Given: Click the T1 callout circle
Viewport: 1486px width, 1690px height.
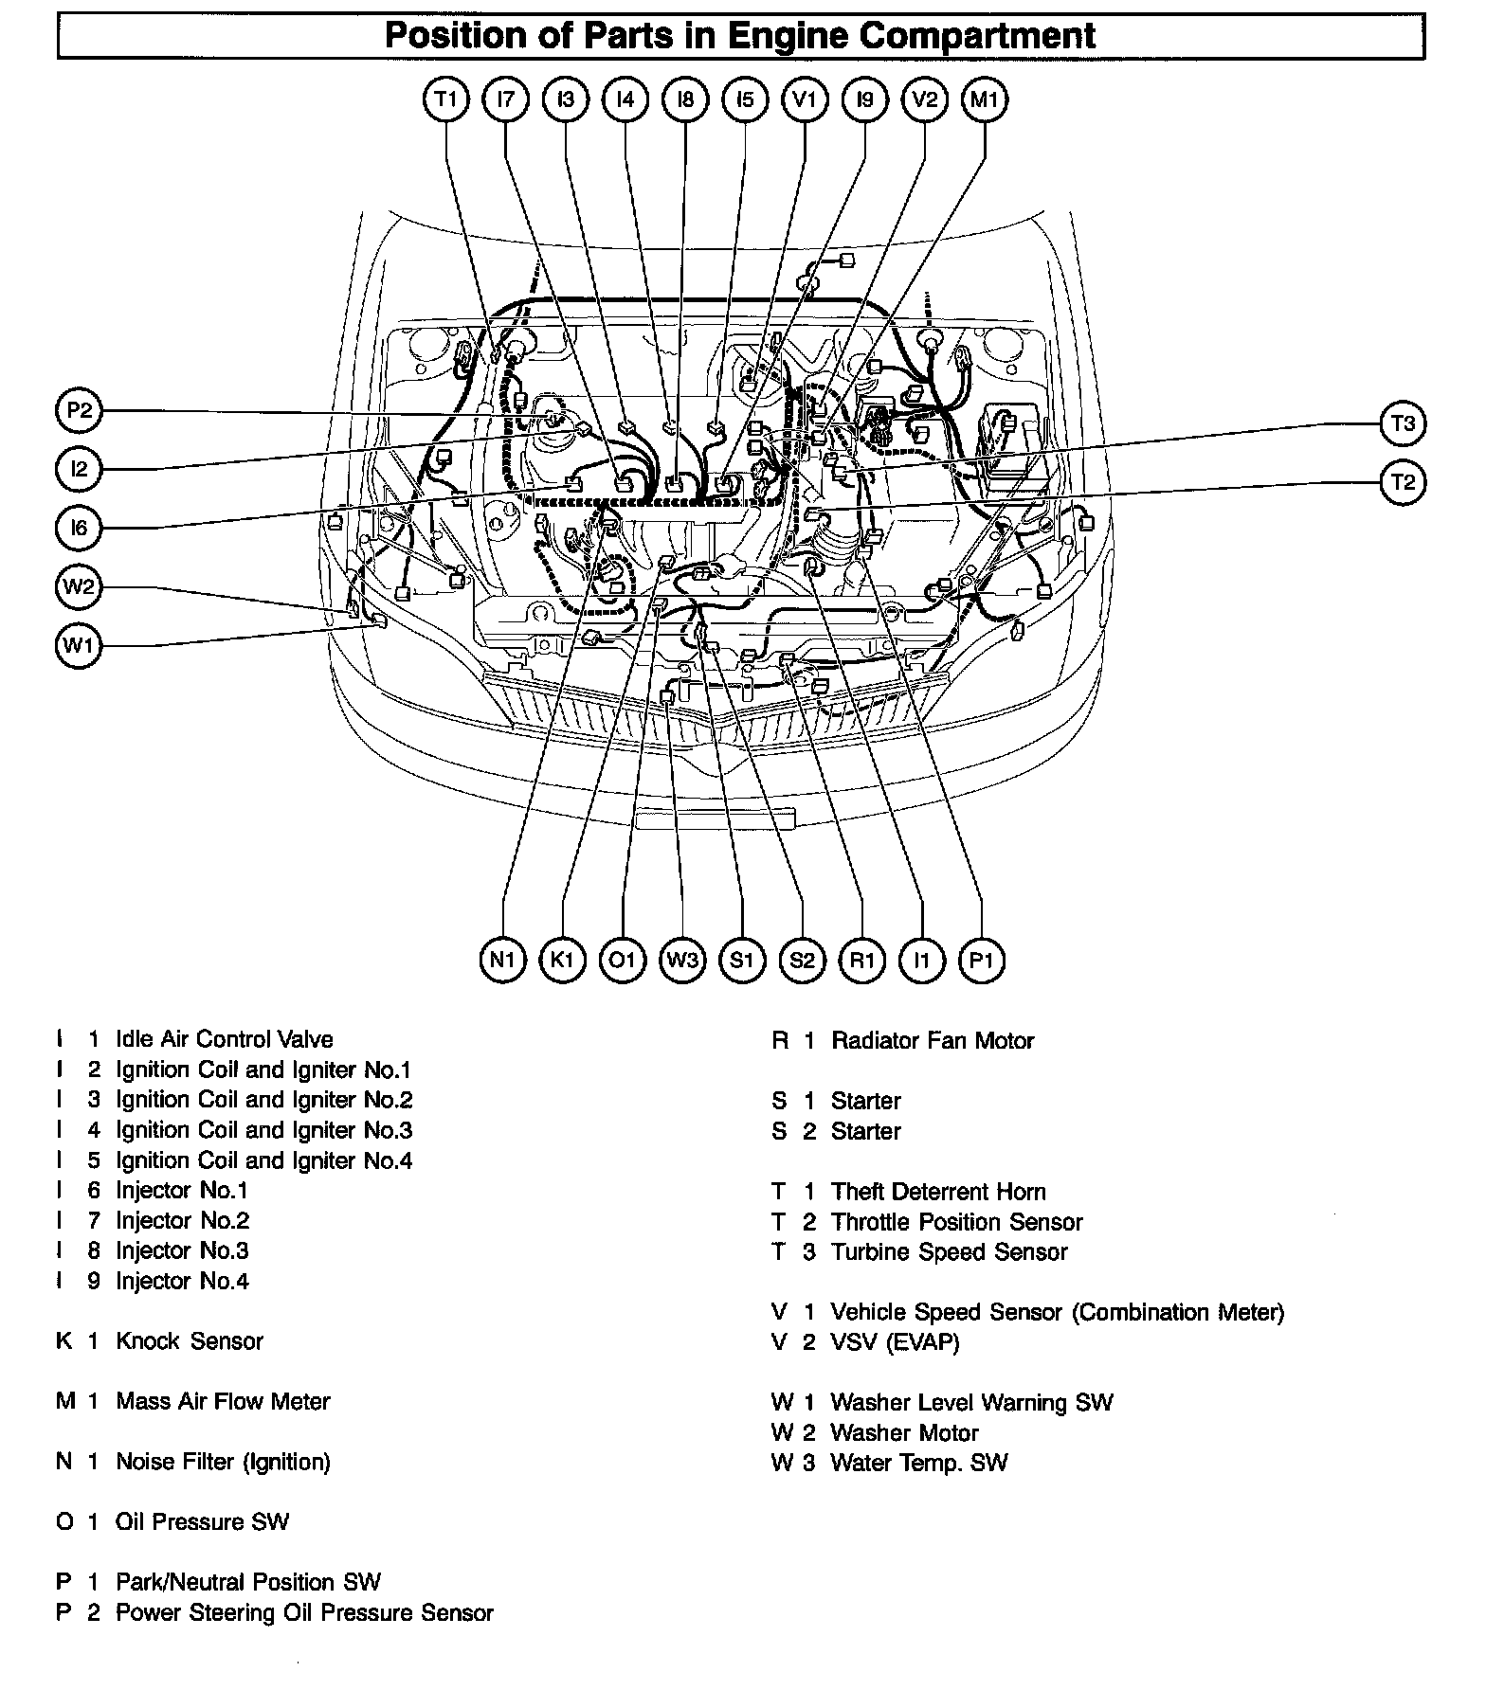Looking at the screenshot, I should (x=446, y=99).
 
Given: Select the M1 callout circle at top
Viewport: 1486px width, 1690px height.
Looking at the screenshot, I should (x=985, y=99).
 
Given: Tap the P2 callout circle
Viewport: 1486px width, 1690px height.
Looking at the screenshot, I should (x=79, y=410).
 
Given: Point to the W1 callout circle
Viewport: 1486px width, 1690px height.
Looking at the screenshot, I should (x=79, y=646).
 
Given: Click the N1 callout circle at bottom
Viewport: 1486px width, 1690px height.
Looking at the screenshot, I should (x=503, y=960).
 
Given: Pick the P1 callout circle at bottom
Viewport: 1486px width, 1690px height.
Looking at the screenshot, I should (x=981, y=960).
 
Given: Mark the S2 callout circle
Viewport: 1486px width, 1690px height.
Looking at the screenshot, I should (x=802, y=960).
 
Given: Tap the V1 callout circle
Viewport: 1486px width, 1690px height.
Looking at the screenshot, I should (x=805, y=99).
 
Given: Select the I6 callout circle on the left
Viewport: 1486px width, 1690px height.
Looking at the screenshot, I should (x=79, y=528).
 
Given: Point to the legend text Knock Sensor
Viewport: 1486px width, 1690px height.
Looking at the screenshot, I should (x=190, y=1340).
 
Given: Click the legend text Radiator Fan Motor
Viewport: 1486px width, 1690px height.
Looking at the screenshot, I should (x=933, y=1040).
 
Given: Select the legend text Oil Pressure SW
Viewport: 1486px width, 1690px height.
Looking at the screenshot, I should (x=202, y=1521).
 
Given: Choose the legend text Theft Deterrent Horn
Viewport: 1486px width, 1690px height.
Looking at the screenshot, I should (x=938, y=1192).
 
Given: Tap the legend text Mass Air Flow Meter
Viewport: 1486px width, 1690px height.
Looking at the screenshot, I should (x=223, y=1401).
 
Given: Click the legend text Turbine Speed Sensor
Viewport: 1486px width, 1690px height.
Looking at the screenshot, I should (x=949, y=1251).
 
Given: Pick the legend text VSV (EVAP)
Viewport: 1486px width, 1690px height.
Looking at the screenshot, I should (x=895, y=1342).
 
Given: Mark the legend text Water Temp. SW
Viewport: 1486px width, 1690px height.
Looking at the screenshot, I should (x=918, y=1463).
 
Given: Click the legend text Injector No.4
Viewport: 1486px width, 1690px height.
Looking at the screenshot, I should (x=182, y=1281).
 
